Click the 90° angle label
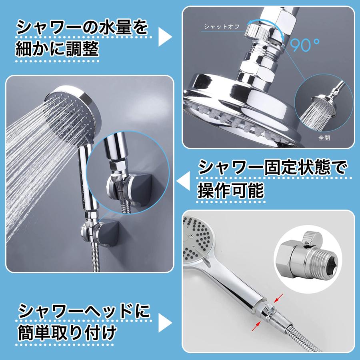pos(306,45)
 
